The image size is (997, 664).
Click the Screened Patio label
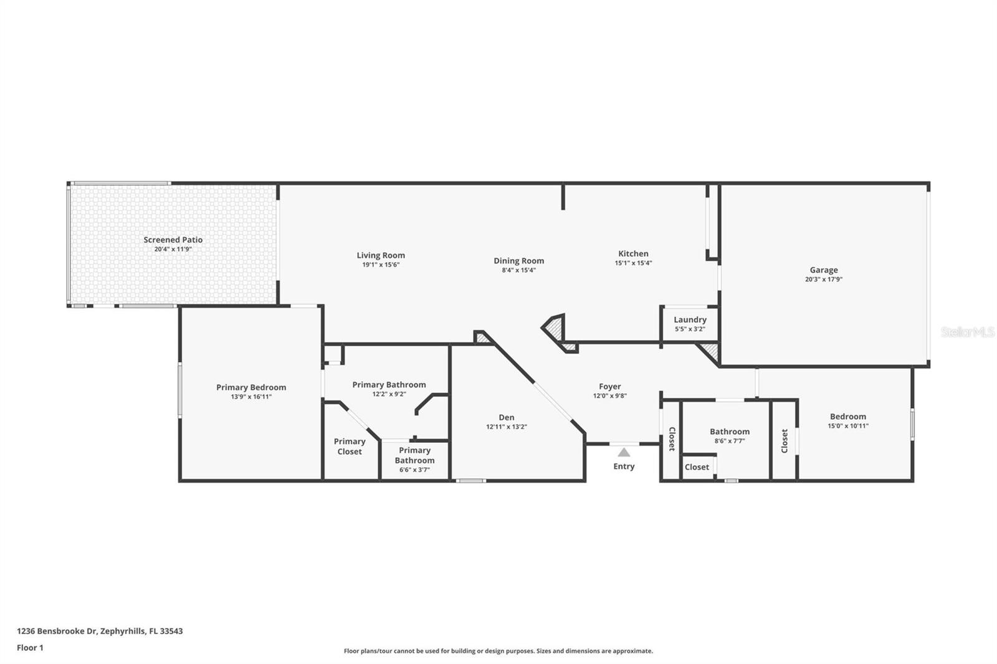tap(173, 240)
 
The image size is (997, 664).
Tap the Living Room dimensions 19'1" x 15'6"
tap(381, 265)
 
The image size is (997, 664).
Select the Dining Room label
tap(518, 261)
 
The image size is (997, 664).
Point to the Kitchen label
tap(633, 254)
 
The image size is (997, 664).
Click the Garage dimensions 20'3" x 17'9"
tap(823, 280)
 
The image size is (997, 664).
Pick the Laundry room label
tap(690, 320)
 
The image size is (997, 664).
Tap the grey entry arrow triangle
tap(624, 452)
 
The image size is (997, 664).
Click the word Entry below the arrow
tap(624, 467)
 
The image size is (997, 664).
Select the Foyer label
tap(609, 386)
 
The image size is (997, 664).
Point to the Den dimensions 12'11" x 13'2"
tap(506, 427)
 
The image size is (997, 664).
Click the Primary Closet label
tap(350, 447)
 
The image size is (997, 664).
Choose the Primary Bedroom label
tap(251, 387)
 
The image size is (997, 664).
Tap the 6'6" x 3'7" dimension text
tap(414, 470)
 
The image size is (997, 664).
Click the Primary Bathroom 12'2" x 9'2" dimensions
tap(389, 394)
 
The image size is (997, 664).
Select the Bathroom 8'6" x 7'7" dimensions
tap(730, 441)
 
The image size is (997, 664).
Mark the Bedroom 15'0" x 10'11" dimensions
tap(848, 426)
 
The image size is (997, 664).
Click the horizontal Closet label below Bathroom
tap(697, 467)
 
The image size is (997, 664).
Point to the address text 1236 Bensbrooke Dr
tap(57, 631)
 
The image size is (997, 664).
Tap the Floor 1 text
tap(30, 648)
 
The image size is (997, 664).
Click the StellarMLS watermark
tap(967, 331)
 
